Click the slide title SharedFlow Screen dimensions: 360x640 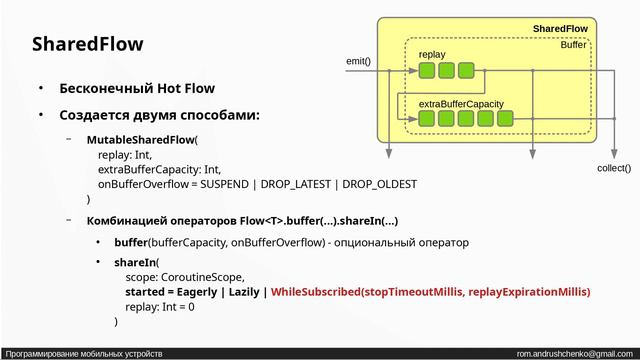click(87, 45)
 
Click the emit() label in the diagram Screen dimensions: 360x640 click(358, 61)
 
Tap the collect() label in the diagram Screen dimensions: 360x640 click(613, 168)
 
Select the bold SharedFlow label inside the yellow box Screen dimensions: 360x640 click(559, 29)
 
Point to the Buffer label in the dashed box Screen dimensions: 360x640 click(573, 45)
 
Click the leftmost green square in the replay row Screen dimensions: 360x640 click(427, 70)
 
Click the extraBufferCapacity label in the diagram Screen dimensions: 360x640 click(460, 103)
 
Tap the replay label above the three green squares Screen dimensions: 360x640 click(432, 54)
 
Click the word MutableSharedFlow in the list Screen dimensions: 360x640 click(140, 140)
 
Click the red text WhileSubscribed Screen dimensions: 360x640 click(316, 292)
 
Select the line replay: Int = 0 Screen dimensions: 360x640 click(159, 307)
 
